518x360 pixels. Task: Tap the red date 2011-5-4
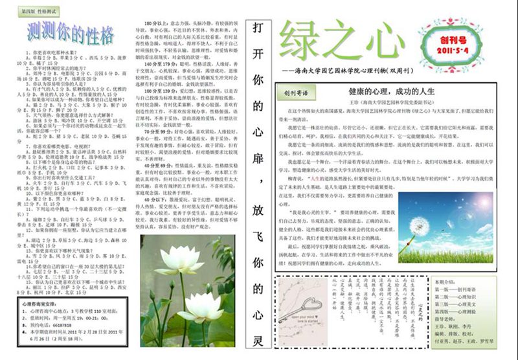pos(458,50)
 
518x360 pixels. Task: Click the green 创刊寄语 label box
pos(295,93)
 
